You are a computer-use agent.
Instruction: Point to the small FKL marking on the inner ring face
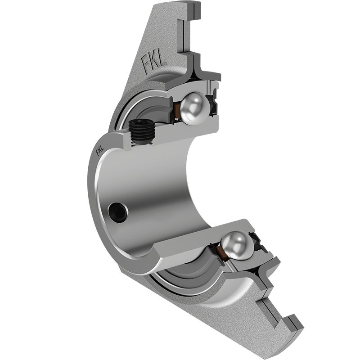99,150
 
